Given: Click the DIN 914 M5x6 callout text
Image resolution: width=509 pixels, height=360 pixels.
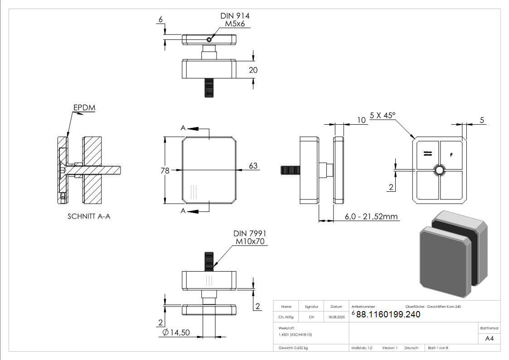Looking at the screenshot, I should coord(235,20).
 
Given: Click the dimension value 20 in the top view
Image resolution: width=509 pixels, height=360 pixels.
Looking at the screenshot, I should coord(253,70).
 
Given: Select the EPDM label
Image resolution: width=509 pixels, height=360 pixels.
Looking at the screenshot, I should coord(84,107).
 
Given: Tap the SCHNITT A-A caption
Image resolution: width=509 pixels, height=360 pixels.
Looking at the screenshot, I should coord(89,216).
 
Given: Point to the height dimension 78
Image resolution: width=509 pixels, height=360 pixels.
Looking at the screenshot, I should coord(165,170).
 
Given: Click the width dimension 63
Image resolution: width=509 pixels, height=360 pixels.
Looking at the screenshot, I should coord(253,166).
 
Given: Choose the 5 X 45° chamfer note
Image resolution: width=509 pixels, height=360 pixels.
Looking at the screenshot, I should coord(383,115).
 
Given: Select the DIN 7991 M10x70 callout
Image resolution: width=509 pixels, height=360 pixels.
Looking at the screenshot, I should coord(249,237).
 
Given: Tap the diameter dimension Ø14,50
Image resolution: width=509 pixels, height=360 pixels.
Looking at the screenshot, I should coord(176,332).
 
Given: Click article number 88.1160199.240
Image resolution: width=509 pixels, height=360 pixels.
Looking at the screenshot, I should coord(388,315).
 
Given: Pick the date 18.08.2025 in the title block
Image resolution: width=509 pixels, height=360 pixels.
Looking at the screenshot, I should coord(336,318).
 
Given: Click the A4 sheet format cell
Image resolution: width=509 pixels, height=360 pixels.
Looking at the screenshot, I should coord(489,338).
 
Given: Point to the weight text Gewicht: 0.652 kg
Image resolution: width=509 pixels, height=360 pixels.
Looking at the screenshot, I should coord(293,348).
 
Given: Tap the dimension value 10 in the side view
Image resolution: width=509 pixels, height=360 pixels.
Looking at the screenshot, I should coord(361,120).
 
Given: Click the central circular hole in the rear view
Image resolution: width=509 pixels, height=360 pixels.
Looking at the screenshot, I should coord(439,170).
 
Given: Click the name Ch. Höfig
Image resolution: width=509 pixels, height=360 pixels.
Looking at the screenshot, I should coord(286,318).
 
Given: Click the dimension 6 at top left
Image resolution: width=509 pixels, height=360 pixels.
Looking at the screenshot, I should coord(160,19).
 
